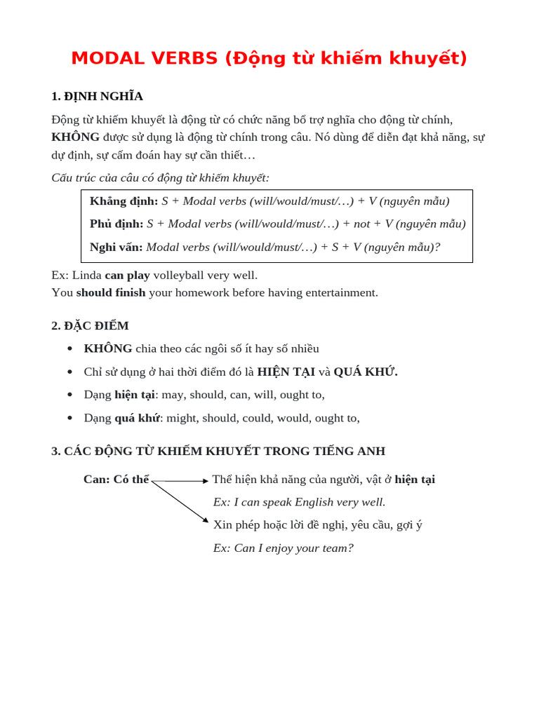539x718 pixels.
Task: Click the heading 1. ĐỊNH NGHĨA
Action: (x=97, y=96)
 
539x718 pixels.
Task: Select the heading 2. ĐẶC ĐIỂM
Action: (x=90, y=325)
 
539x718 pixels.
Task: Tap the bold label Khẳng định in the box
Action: (x=124, y=201)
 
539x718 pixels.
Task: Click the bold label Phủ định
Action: (x=117, y=224)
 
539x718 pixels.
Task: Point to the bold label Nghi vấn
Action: (x=116, y=247)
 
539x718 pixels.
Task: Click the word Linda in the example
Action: (x=87, y=275)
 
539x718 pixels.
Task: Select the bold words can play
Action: (x=127, y=275)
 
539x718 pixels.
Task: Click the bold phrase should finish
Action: (x=111, y=292)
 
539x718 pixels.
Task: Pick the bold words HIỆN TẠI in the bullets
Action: (x=286, y=372)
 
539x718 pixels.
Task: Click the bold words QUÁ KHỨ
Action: (x=365, y=372)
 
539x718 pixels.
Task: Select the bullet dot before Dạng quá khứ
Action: (x=69, y=419)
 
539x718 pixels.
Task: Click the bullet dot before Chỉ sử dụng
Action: (x=69, y=372)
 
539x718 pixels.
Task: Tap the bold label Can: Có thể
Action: (x=116, y=480)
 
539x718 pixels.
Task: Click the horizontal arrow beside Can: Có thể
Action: (x=180, y=481)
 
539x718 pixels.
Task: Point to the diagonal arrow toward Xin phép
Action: (x=180, y=502)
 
